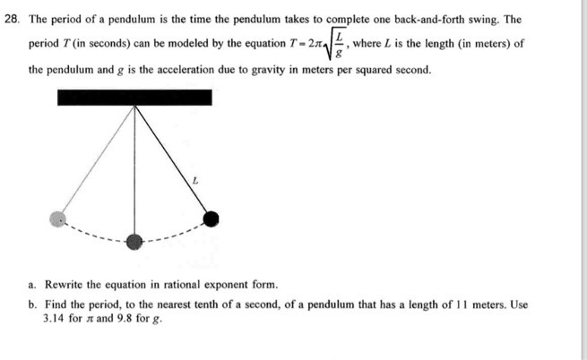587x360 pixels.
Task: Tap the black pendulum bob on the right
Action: pyautogui.click(x=211, y=218)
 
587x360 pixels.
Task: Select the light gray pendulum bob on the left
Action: pyautogui.click(x=59, y=219)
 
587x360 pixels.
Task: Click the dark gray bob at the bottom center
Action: pyautogui.click(x=134, y=240)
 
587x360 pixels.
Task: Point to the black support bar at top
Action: pyautogui.click(x=134, y=98)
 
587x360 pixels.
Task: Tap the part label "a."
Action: pyautogui.click(x=32, y=285)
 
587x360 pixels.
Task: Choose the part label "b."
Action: pyautogui.click(x=32, y=304)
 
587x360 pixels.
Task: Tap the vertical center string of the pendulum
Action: pyautogui.click(x=134, y=170)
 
